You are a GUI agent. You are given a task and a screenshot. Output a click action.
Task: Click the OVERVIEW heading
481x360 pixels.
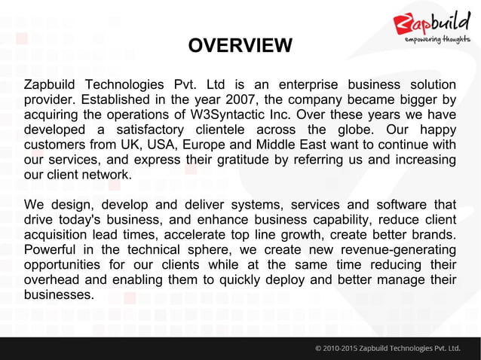point(240,47)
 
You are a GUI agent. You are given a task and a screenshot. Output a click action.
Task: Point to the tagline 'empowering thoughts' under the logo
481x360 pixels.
point(438,39)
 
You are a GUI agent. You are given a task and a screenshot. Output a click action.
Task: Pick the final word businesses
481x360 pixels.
point(59,294)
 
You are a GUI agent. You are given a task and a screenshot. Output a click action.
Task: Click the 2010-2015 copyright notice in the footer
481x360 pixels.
point(389,348)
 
